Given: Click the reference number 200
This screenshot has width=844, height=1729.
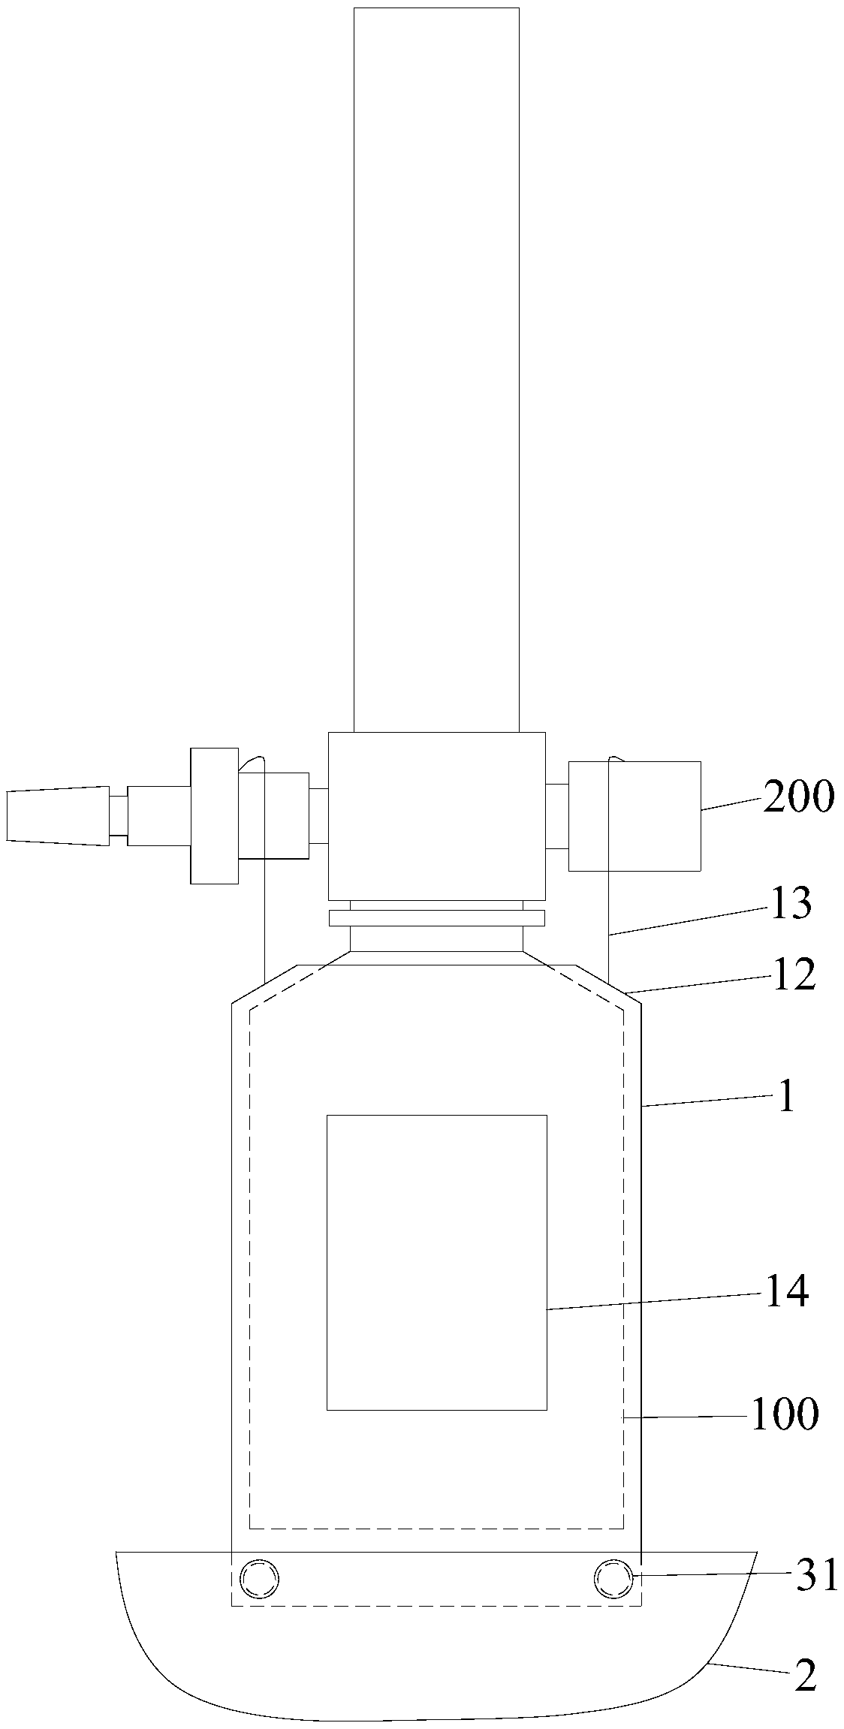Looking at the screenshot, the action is [798, 797].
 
